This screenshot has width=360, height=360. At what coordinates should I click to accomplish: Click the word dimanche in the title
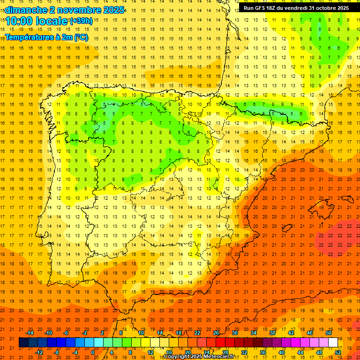click(26, 10)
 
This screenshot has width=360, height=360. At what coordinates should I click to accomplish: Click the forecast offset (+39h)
click(81, 21)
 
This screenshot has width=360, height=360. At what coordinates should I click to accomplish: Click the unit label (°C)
click(81, 37)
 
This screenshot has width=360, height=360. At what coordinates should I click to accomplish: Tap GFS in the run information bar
click(262, 8)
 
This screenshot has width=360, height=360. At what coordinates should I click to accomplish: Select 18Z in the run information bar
click(276, 8)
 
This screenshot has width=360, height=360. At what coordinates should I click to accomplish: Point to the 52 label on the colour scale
click(338, 352)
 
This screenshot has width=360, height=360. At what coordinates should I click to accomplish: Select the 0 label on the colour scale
click(93, 352)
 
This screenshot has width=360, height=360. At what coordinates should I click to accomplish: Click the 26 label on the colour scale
click(216, 333)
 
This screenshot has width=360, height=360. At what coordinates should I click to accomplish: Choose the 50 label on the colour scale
click(328, 333)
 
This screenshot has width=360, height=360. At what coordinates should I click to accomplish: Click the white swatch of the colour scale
click(333, 343)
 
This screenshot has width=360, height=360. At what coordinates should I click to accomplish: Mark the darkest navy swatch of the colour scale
click(23, 343)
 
